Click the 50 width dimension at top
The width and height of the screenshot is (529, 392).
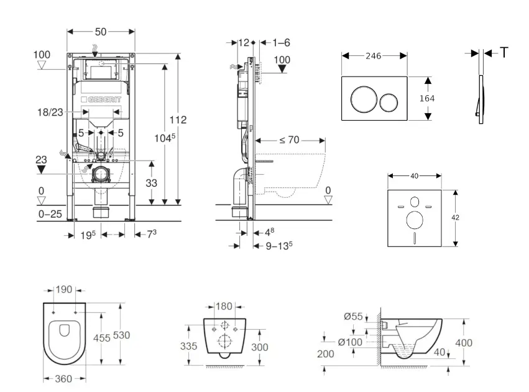101,30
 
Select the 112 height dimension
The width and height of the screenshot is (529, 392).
178,119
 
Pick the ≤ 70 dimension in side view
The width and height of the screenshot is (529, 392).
289,140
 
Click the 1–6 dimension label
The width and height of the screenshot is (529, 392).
281,42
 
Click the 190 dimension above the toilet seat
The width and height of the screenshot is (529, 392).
65,290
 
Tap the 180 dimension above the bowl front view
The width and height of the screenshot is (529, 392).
224,306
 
